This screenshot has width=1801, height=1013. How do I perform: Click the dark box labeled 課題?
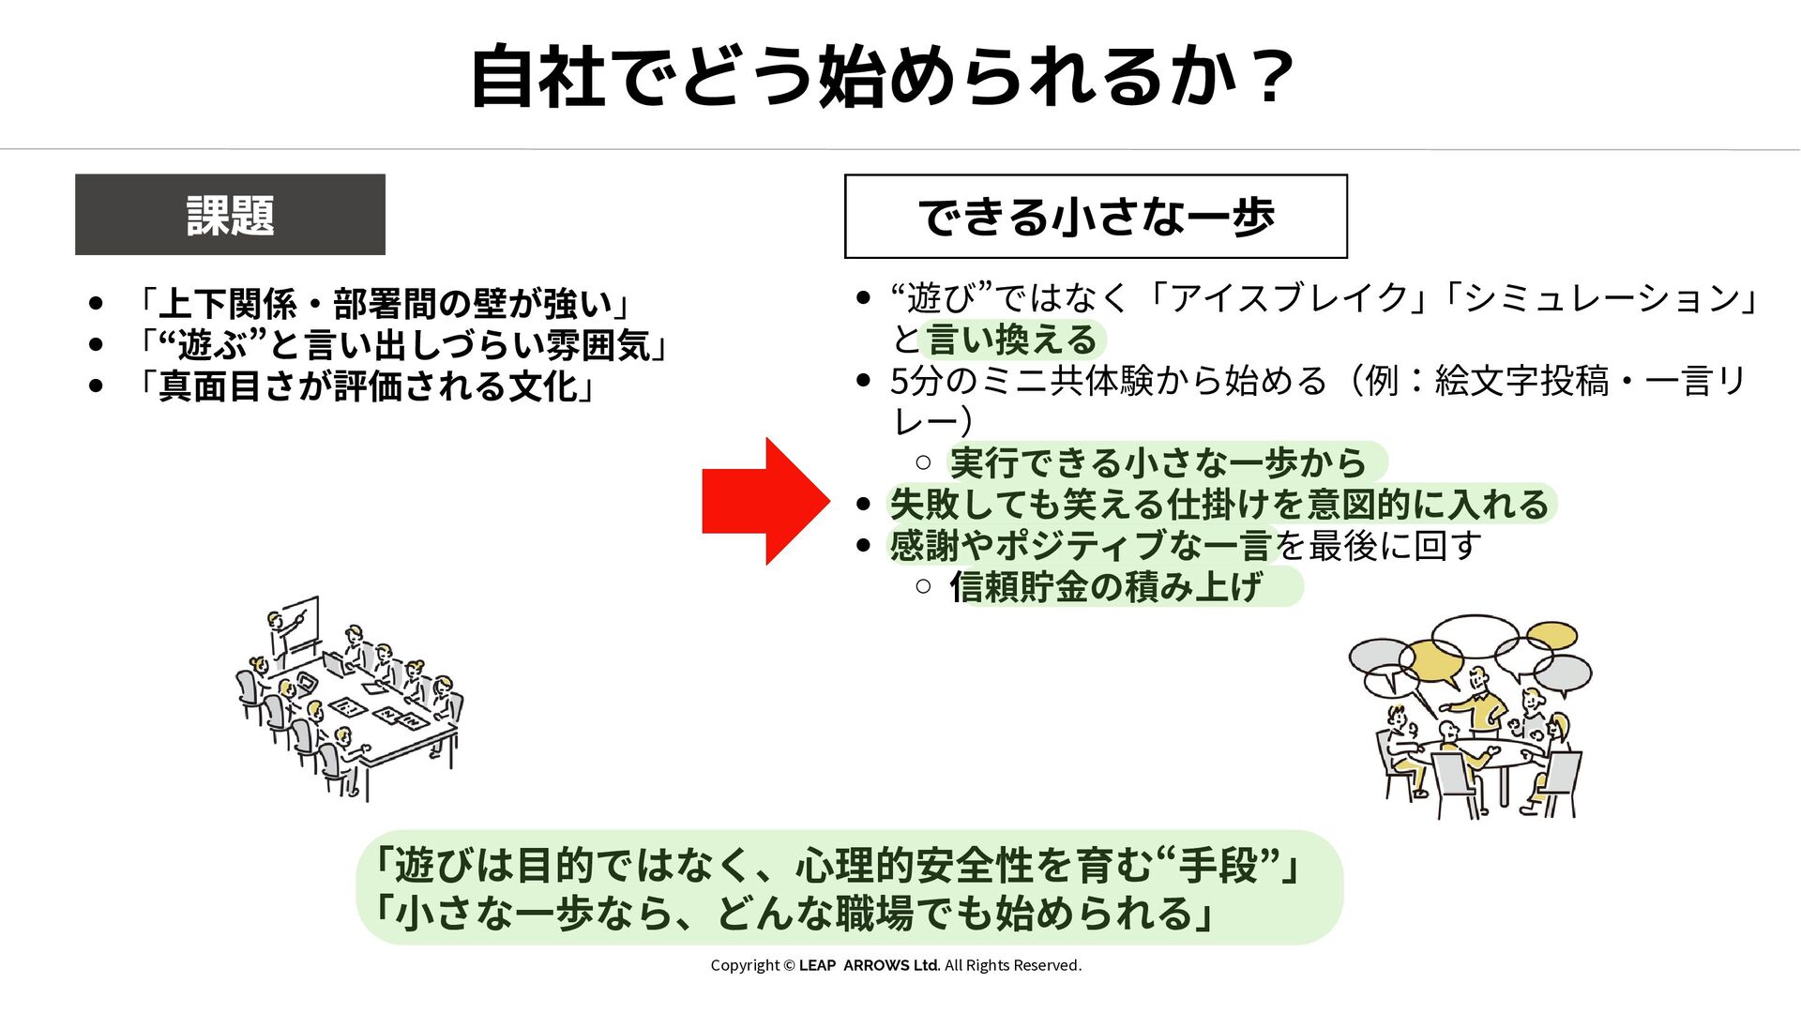(230, 215)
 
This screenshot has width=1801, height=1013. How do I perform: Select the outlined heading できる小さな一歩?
(1096, 217)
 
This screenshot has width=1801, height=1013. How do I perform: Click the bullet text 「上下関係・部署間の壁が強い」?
(385, 304)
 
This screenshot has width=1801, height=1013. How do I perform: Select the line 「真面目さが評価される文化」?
(367, 386)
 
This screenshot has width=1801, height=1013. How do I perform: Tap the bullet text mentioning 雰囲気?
(403, 345)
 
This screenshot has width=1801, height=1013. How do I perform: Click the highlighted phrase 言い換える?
(1012, 340)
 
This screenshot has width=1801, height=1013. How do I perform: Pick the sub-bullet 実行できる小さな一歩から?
(1158, 462)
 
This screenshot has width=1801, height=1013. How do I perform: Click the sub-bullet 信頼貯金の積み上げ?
(1106, 587)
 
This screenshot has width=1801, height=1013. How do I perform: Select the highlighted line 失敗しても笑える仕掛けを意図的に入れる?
(1218, 505)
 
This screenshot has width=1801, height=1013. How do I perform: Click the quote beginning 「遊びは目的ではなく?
(835, 865)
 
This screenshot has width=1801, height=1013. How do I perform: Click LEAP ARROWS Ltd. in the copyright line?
(869, 965)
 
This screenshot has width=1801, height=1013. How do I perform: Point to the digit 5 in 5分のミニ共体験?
(900, 382)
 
